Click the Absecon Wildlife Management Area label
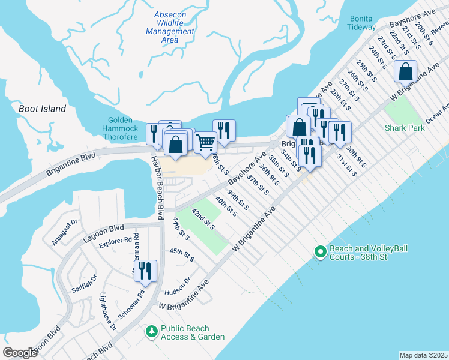[170, 27]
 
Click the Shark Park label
[405, 128]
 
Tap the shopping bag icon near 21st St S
[406, 71]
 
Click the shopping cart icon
[205, 142]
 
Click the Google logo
[20, 353]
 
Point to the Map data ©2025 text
[423, 355]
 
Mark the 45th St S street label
[182, 254]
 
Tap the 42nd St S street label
[203, 219]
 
